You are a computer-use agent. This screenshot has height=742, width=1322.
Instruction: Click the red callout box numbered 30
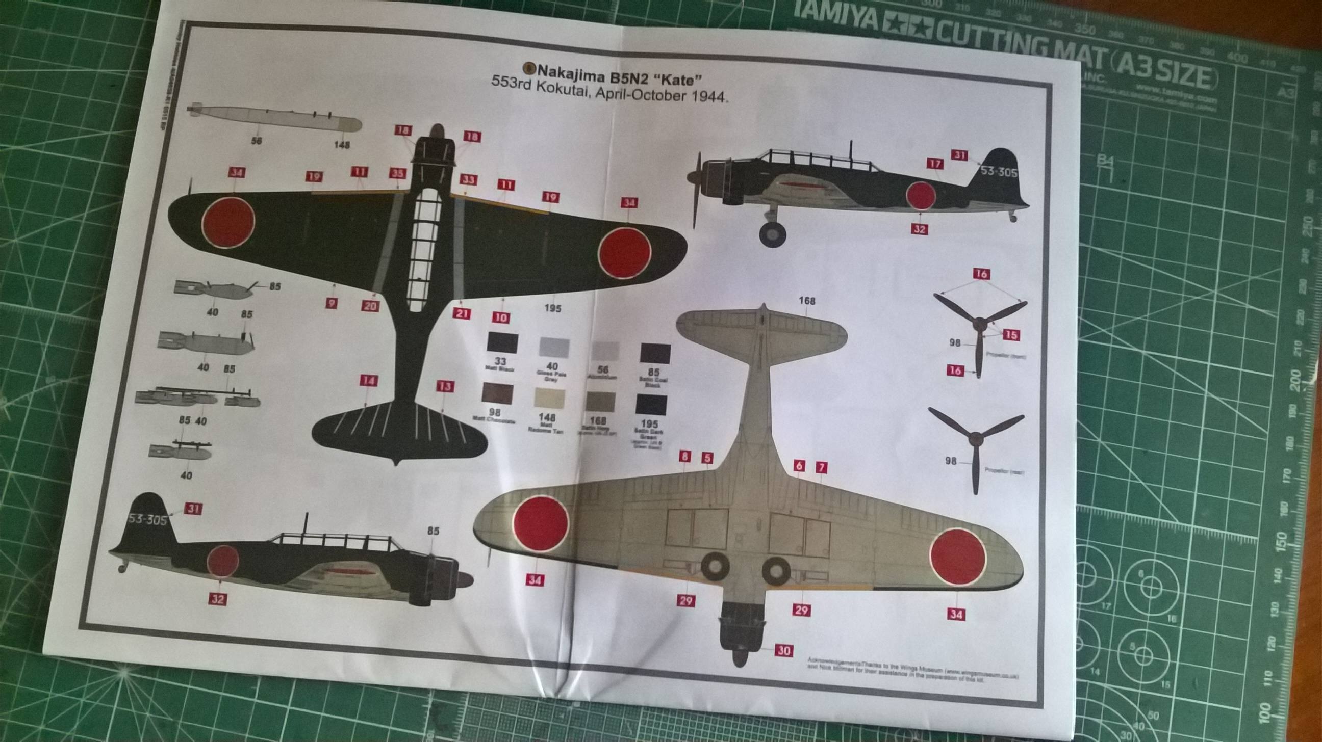783,651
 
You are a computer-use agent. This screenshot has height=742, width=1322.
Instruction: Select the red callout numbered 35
397,173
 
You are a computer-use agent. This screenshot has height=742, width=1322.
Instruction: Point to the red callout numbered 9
332,303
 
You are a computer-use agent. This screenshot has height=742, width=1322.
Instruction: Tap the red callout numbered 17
935,164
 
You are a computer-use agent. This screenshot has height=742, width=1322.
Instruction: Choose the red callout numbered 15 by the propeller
1010,335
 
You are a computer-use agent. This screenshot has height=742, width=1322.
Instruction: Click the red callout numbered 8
685,457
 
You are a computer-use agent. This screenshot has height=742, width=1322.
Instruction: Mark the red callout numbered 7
822,467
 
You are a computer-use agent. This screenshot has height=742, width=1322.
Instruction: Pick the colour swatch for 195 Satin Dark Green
651,405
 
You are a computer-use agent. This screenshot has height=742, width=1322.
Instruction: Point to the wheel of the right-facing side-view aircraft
772,234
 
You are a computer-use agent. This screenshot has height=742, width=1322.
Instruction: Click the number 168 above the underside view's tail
807,301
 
